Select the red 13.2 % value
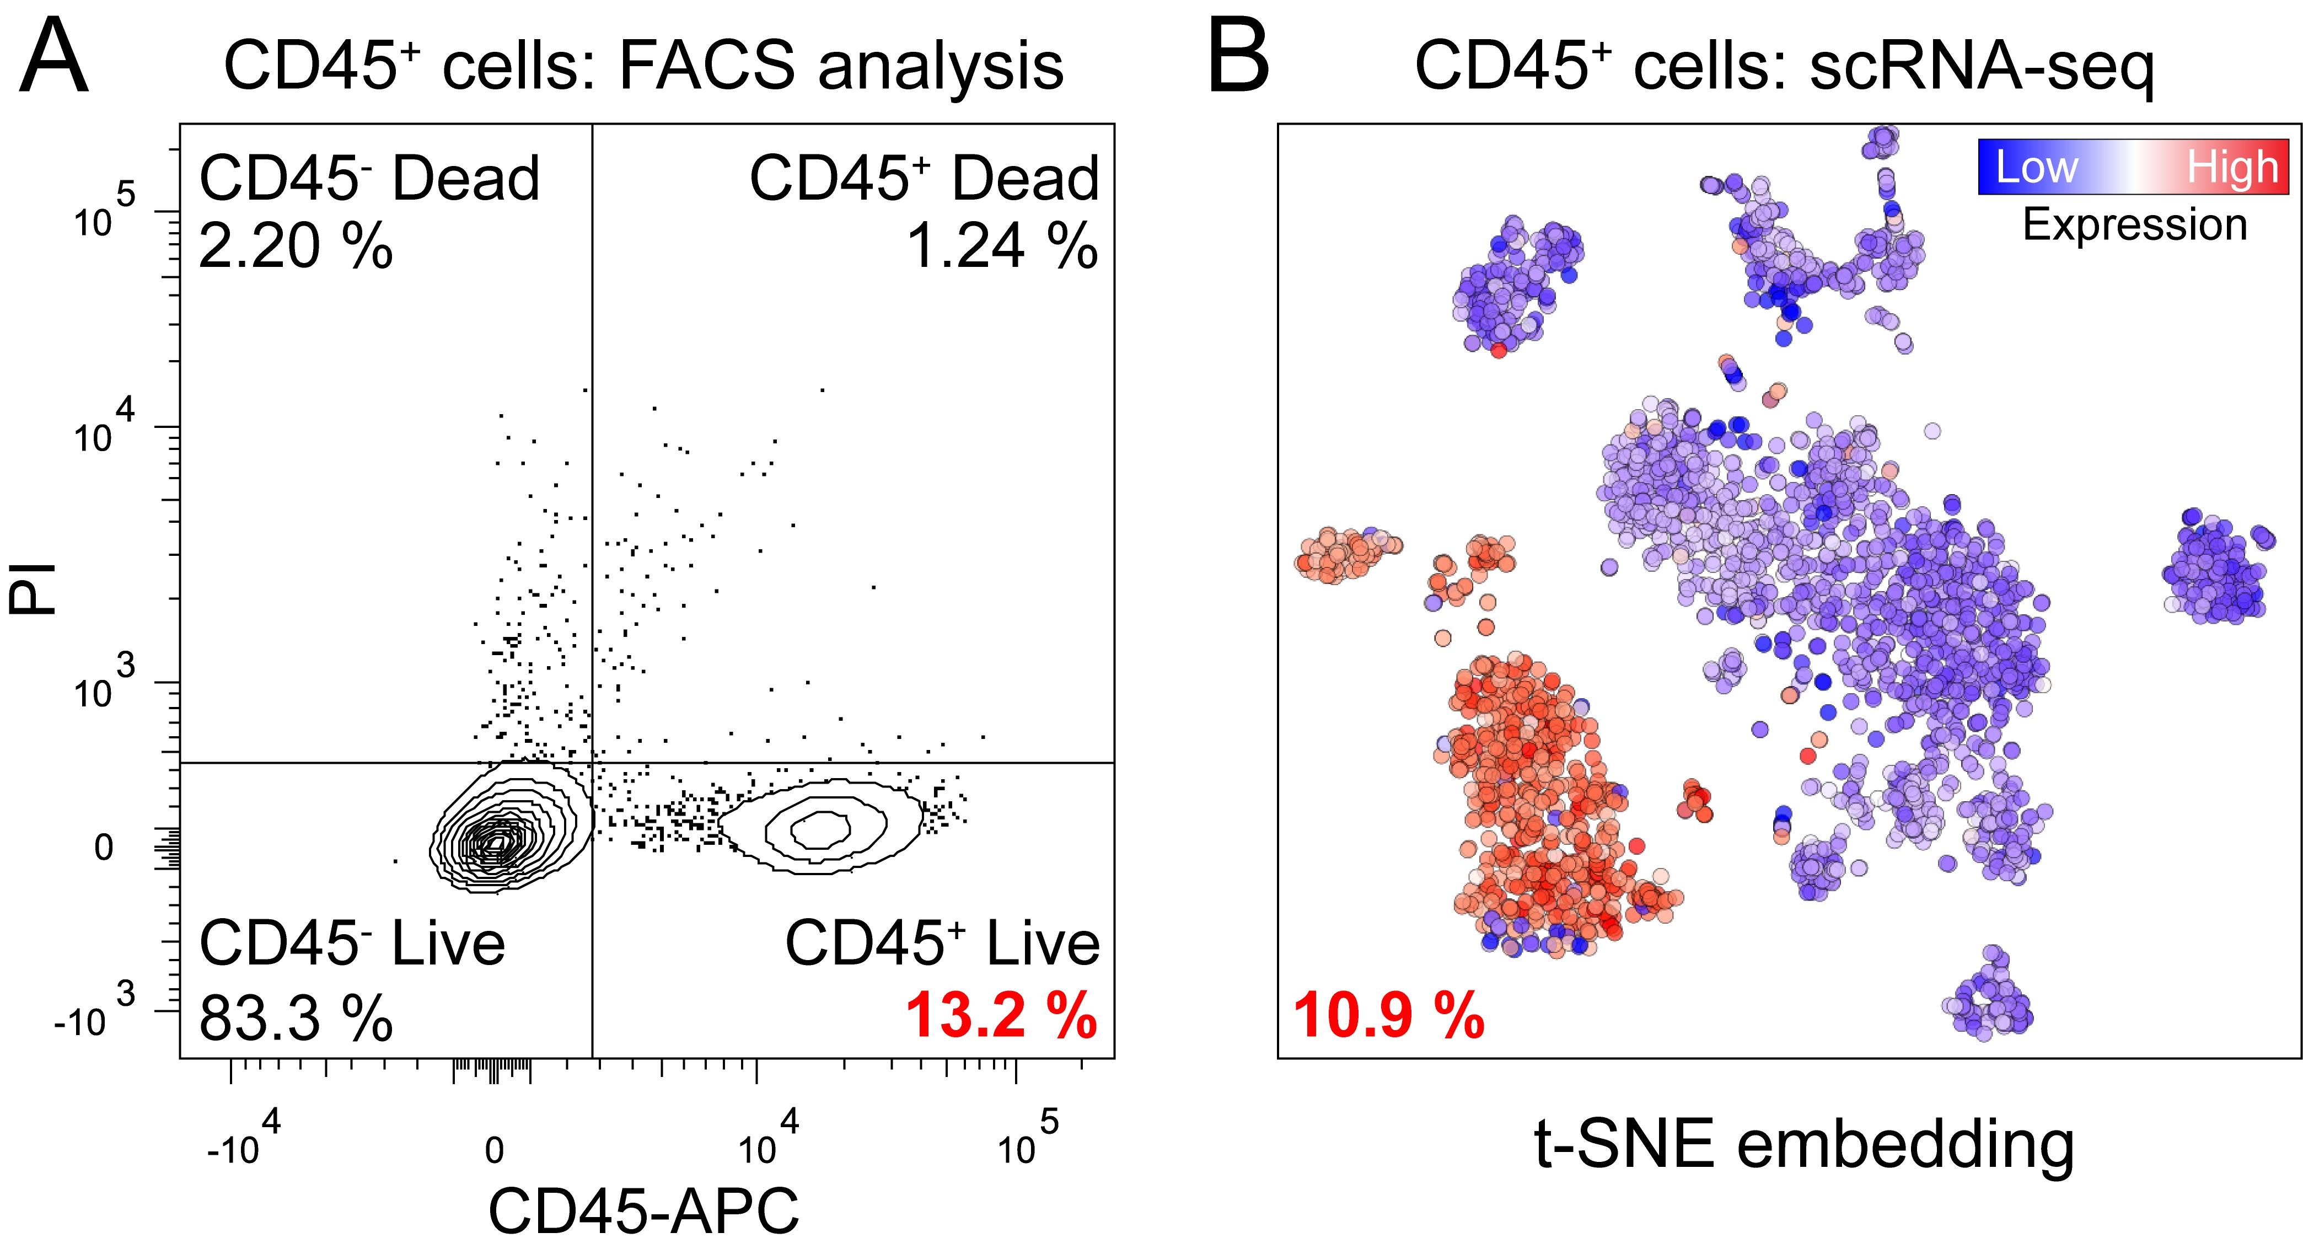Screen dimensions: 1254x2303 (1001, 1016)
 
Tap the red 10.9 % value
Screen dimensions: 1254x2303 (1388, 1016)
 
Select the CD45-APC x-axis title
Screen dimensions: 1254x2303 (643, 1212)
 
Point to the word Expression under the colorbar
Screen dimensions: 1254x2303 (2135, 224)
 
